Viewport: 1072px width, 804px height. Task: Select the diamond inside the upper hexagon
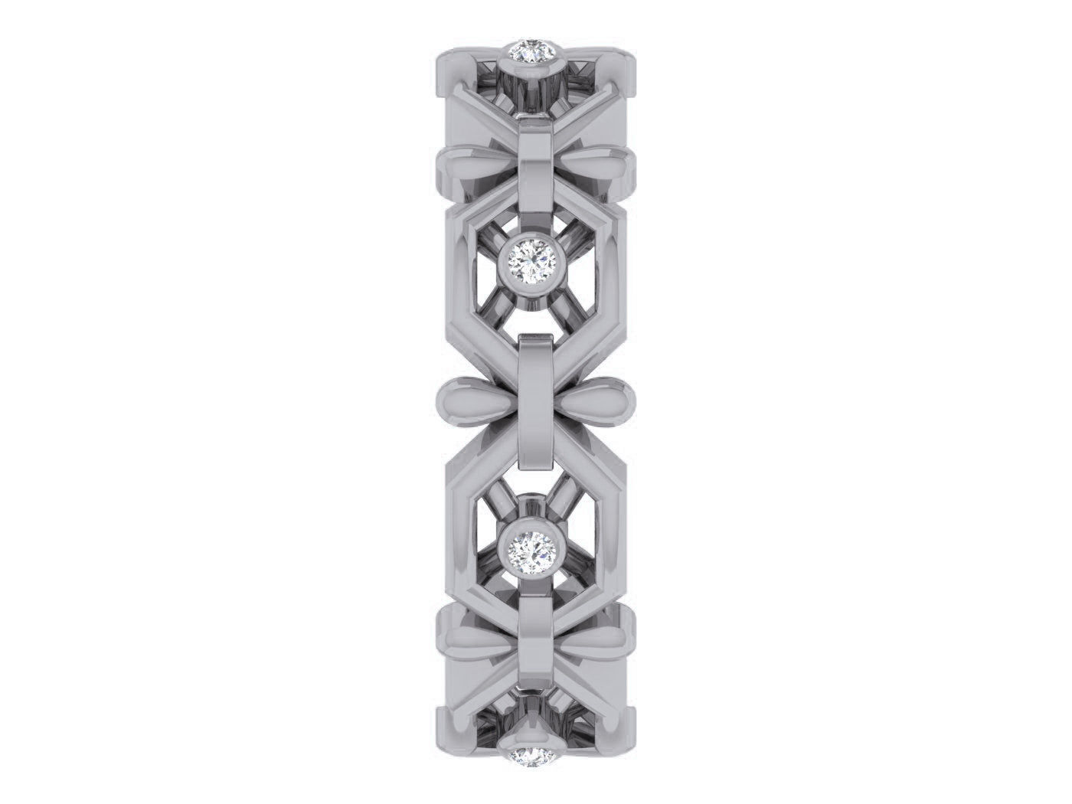(x=535, y=262)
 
